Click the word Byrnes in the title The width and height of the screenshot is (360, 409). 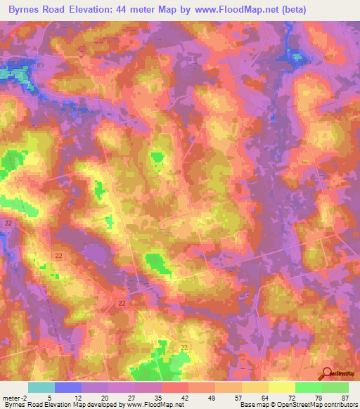pyautogui.click(x=27, y=9)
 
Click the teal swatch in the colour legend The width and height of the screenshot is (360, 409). pyautogui.click(x=41, y=387)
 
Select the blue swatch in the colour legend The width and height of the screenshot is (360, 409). pyautogui.click(x=68, y=387)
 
